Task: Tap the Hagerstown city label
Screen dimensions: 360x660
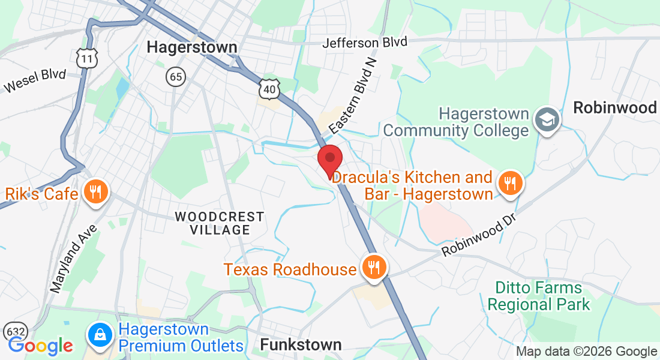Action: [192, 47]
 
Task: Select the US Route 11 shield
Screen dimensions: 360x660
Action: [87, 58]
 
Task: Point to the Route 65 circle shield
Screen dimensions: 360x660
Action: [176, 76]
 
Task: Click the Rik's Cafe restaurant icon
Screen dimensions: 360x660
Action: [95, 193]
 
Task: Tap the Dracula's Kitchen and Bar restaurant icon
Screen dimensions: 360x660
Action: [511, 183]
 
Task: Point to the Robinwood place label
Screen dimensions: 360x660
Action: [615, 108]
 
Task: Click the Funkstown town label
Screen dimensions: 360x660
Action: [301, 344]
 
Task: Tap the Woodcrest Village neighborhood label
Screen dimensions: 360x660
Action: [219, 223]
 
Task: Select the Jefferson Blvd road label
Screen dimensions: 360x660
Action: [365, 43]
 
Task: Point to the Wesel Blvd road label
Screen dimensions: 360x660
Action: [34, 80]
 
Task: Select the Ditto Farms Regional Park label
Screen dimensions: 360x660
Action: [538, 296]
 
